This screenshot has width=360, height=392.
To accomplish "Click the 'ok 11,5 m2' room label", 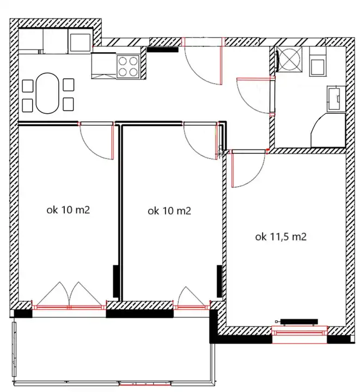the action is (x=281, y=237).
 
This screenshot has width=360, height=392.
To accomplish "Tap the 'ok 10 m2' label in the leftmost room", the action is (x=68, y=210).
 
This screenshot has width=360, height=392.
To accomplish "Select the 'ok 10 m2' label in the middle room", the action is (x=169, y=211).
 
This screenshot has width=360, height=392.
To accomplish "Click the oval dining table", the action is (x=47, y=93).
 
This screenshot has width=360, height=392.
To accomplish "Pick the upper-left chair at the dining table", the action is (x=28, y=86).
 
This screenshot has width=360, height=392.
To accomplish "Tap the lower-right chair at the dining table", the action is (x=68, y=104).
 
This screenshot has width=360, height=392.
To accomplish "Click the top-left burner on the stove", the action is (x=122, y=61).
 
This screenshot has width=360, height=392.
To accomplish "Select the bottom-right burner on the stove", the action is (x=134, y=72).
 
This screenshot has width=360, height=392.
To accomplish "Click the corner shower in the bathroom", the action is (x=328, y=130).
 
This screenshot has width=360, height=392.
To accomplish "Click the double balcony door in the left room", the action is (x=70, y=295).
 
